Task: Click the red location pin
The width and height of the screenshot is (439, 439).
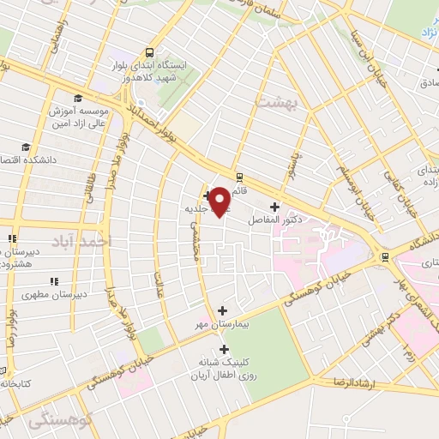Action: point(219,201)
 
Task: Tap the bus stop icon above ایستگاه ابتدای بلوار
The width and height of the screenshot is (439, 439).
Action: point(151,51)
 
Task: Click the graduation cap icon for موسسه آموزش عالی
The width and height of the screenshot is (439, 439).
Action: point(78,98)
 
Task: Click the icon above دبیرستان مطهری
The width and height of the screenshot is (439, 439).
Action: point(54,280)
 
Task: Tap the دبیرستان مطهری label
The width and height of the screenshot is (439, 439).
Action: point(57,294)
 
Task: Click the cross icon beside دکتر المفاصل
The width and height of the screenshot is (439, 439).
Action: point(274,207)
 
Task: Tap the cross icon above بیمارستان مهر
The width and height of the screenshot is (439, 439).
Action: point(223,310)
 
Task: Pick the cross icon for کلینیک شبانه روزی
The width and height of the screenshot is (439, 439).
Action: point(225,349)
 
